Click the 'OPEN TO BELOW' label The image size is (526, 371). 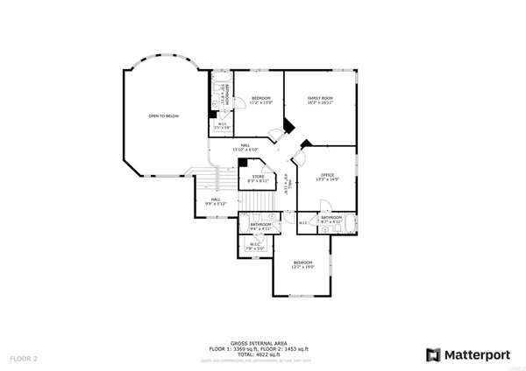coord(164,115)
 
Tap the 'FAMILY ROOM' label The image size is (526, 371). coord(320,97)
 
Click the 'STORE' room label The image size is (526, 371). coord(259,177)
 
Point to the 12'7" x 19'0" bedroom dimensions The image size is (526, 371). coord(303,267)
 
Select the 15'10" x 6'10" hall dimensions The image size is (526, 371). coord(246,150)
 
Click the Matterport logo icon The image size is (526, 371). coord(433,354)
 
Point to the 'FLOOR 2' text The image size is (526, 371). coord(24,359)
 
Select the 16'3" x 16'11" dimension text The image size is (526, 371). coord(320,102)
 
